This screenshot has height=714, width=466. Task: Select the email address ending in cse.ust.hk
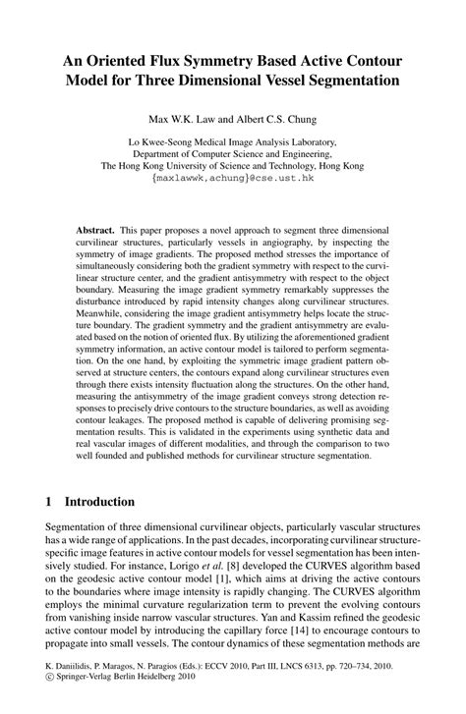point(232,180)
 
